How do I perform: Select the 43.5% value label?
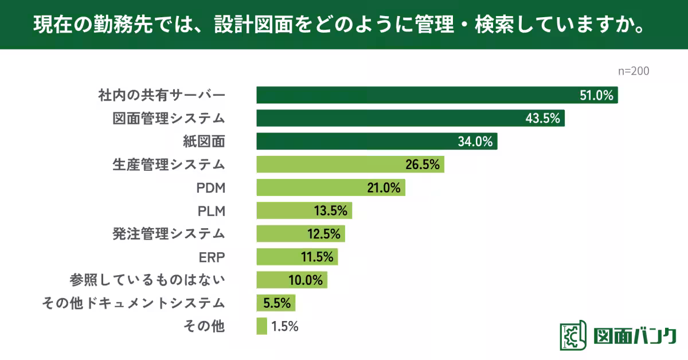pyautogui.click(x=542, y=119)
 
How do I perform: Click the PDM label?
pyautogui.click(x=210, y=188)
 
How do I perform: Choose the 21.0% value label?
pyautogui.click(x=383, y=188)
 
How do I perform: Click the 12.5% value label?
pyautogui.click(x=323, y=234)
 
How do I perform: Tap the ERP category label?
pyautogui.click(x=211, y=257)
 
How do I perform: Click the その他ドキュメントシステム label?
pyautogui.click(x=134, y=303)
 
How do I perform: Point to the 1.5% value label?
pyautogui.click(x=285, y=327)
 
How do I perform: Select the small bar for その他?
pyautogui.click(x=261, y=326)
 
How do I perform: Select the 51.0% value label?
pyautogui.click(x=597, y=96)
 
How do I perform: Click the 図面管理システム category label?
pyautogui.click(x=168, y=119)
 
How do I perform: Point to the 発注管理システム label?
pyautogui.click(x=168, y=234)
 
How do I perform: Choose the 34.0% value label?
pyautogui.click(x=475, y=142)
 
